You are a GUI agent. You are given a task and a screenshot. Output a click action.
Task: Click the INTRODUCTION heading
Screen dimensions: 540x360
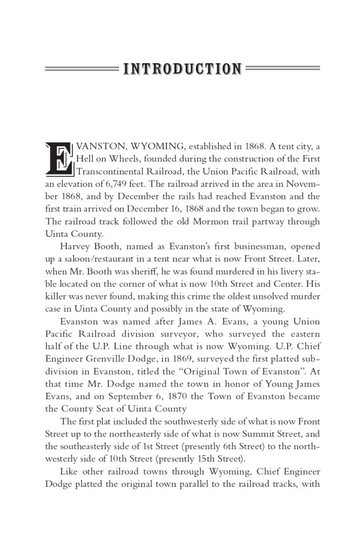pos(182,69)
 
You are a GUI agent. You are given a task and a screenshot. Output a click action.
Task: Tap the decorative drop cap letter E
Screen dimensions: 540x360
pos(59,158)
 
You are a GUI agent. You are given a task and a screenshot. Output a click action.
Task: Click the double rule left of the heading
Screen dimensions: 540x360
pos(81,69)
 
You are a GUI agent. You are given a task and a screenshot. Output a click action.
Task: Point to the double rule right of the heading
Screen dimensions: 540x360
pos(283,69)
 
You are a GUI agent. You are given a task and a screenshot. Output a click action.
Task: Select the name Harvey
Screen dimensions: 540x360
pos(75,247)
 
